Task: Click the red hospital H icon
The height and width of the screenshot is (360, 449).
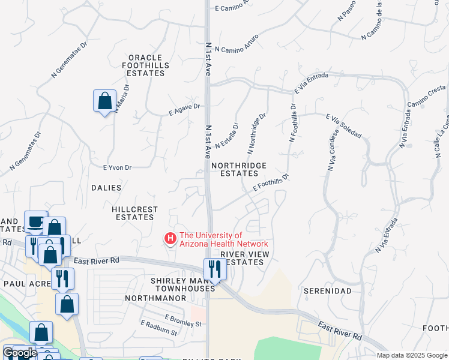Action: (170, 239)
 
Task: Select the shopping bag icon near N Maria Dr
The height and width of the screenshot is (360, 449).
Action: (104, 100)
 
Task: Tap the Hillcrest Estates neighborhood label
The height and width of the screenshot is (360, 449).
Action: (135, 213)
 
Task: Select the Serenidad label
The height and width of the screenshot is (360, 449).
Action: (327, 290)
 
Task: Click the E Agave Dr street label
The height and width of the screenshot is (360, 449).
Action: (183, 109)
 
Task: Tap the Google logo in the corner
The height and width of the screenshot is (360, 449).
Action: (19, 353)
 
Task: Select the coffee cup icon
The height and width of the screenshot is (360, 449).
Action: (36, 221)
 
